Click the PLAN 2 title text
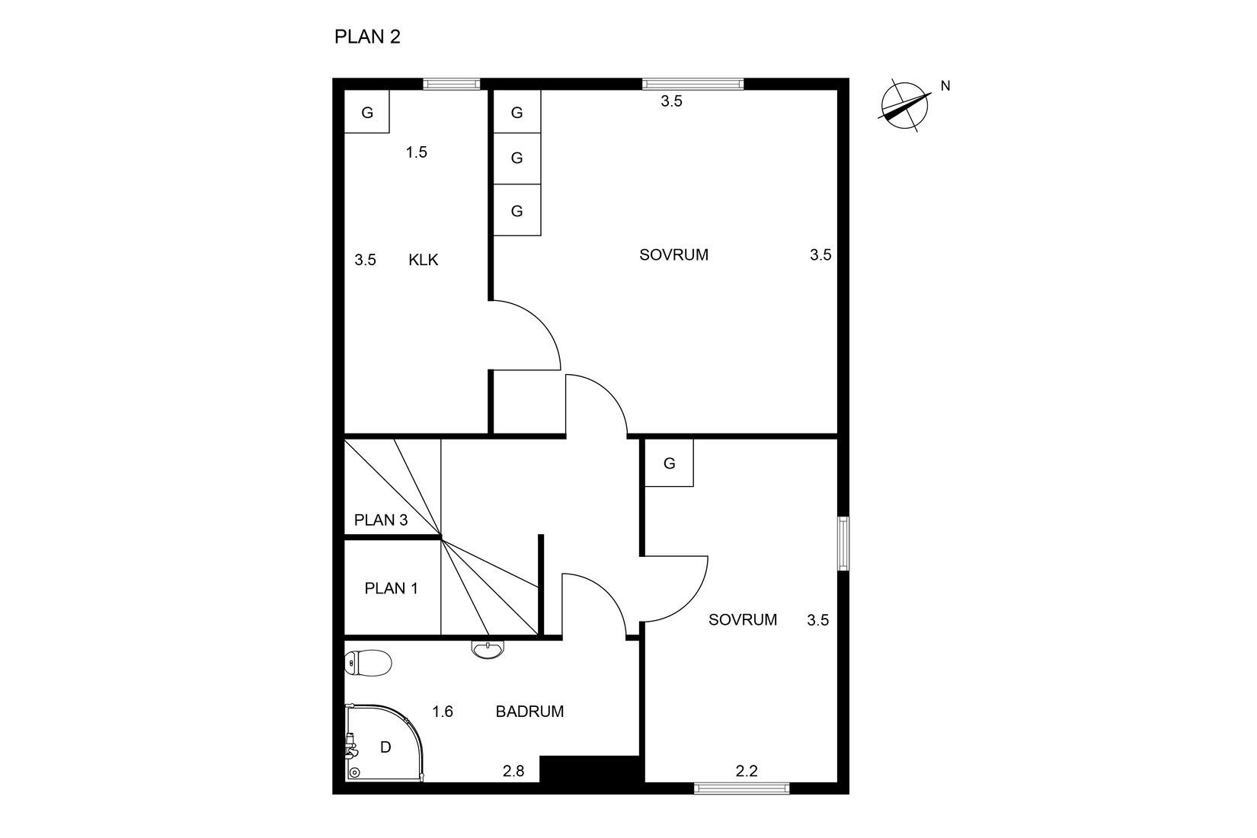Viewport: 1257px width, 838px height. click(367, 38)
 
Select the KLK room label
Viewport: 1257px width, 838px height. click(424, 260)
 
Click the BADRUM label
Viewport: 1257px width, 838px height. click(529, 712)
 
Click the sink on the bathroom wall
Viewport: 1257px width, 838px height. click(487, 649)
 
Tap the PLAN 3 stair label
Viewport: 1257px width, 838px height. click(381, 520)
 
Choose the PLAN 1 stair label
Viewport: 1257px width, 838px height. click(391, 588)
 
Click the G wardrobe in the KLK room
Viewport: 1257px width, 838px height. click(367, 113)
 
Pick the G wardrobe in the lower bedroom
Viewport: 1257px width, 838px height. click(670, 463)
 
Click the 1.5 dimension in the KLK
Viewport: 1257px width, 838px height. click(416, 152)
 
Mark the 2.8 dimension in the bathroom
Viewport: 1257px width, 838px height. click(513, 771)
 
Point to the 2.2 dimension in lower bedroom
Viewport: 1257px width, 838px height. click(747, 771)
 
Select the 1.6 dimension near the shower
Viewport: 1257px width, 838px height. click(443, 712)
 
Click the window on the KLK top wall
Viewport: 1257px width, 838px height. click(452, 85)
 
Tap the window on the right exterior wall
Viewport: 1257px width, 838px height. click(843, 543)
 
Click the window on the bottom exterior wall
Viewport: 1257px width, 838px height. click(741, 788)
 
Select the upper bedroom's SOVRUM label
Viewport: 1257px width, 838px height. click(673, 254)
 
